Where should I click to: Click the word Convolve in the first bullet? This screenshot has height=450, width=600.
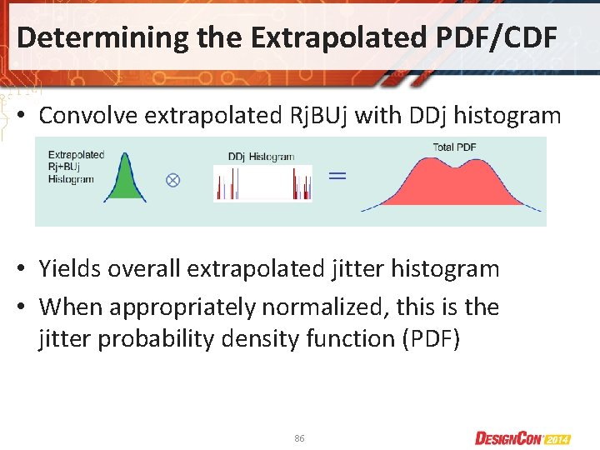tap(88, 116)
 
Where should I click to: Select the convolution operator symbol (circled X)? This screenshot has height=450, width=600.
tap(172, 180)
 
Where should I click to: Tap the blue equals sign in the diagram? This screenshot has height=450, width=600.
tap(336, 176)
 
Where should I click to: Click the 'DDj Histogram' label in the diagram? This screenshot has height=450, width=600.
tap(260, 156)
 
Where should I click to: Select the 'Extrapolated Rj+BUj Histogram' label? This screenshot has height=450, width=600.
tap(76, 167)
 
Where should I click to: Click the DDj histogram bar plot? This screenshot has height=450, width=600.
tap(262, 183)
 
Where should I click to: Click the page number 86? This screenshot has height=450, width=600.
tap(299, 437)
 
